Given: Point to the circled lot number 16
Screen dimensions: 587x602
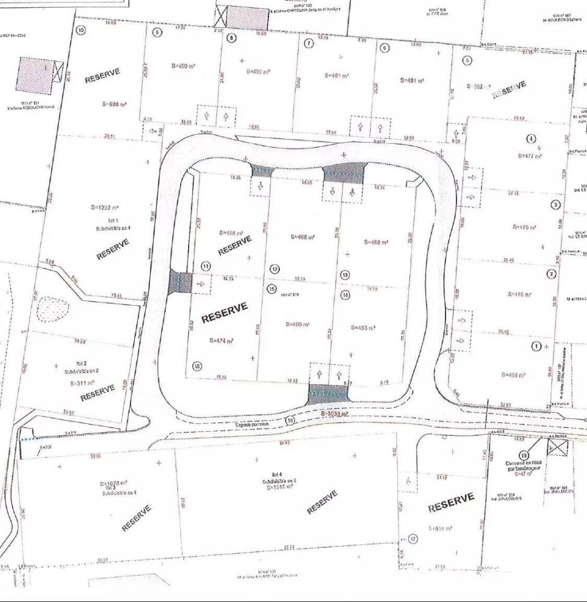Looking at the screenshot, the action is pos(196,365).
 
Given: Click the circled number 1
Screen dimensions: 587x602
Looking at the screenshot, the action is pos(536,346).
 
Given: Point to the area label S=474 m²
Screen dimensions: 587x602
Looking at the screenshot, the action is pos(220,340).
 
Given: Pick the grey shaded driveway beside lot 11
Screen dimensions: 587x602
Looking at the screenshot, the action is pos(180,282).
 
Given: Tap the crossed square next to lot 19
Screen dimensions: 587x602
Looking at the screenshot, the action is pos(557,447).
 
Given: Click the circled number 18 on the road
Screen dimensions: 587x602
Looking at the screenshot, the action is pos(291,421).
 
